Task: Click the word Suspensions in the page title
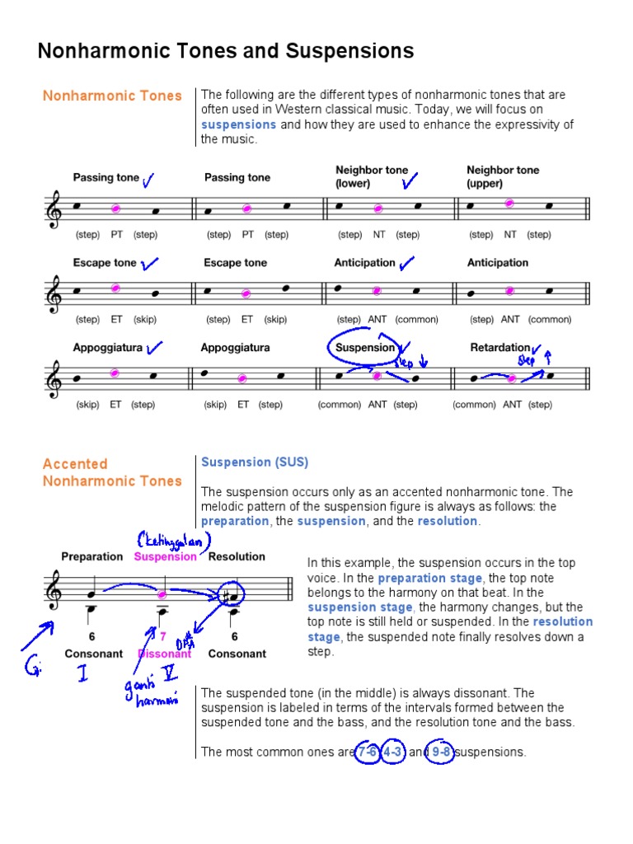(x=349, y=52)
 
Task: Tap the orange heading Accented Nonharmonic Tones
(x=112, y=472)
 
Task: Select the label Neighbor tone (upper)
(x=503, y=176)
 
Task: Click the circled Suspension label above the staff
(x=365, y=347)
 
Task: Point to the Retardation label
(x=499, y=347)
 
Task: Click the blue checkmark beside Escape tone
(x=150, y=264)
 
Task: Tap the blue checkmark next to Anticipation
(x=406, y=264)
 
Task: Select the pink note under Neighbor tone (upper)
(x=510, y=203)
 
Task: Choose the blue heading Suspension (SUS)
(x=255, y=462)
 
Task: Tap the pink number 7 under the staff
(x=163, y=636)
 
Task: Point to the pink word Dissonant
(x=164, y=654)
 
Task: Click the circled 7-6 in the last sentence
(x=368, y=752)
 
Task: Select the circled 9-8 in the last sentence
(x=440, y=752)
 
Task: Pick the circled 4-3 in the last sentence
(x=394, y=752)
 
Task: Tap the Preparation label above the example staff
(x=91, y=556)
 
